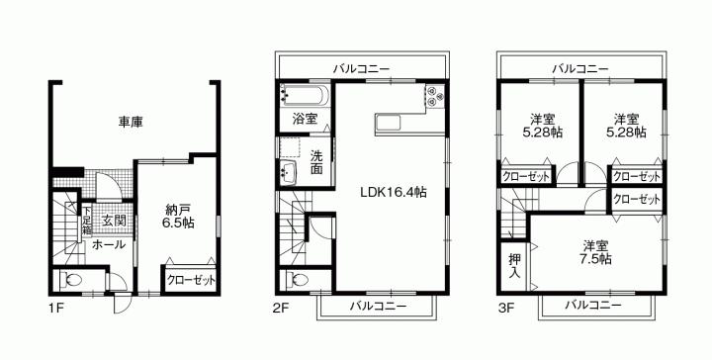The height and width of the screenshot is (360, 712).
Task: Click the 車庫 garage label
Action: pyautogui.click(x=131, y=123)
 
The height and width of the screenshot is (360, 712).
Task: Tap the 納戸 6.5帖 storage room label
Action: pyautogui.click(x=179, y=217)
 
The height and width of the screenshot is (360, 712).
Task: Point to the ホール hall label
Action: pyautogui.click(x=108, y=243)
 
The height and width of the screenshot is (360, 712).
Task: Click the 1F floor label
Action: pyautogui.click(x=55, y=309)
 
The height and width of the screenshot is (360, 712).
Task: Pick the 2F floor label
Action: pyautogui.click(x=281, y=309)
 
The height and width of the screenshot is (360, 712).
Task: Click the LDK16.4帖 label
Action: pyautogui.click(x=393, y=191)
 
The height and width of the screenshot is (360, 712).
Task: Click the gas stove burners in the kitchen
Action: pyautogui.click(x=436, y=95)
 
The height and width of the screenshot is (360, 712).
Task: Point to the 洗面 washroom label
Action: pyautogui.click(x=316, y=161)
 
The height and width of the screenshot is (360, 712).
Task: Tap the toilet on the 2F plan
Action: pyautogui.click(x=299, y=279)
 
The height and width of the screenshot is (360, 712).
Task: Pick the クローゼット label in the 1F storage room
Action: pyautogui.click(x=190, y=280)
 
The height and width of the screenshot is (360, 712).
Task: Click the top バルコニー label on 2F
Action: pyautogui.click(x=361, y=68)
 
